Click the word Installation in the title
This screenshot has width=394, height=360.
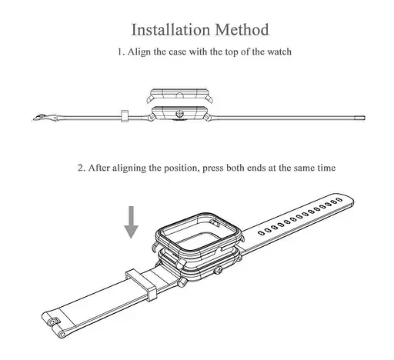[171, 29]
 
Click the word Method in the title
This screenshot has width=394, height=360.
[242, 29]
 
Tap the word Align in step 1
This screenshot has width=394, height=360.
[139, 52]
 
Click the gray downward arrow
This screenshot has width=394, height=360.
[131, 222]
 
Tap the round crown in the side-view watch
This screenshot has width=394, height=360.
[179, 113]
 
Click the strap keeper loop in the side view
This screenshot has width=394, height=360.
[125, 116]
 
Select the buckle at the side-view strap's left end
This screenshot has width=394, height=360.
[45, 118]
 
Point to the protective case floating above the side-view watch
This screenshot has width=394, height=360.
[179, 96]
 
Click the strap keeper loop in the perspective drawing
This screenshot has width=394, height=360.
[141, 285]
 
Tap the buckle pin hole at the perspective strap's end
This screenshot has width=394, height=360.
[53, 322]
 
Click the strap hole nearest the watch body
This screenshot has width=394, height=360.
[261, 233]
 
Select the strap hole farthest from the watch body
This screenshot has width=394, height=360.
[339, 199]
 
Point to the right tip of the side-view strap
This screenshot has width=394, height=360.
[365, 118]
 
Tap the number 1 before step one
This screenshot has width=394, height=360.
[121, 52]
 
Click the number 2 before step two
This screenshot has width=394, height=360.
[82, 168]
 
